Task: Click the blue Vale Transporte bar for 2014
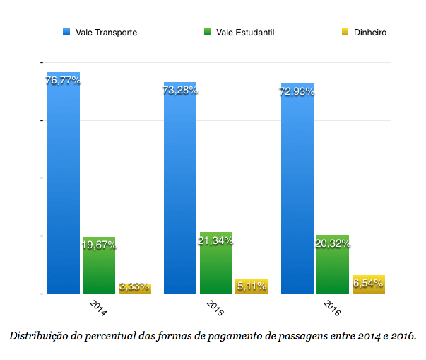click(63, 184)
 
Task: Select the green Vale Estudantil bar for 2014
click(98, 269)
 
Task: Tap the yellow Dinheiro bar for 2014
click(134, 289)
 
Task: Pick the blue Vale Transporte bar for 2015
click(179, 191)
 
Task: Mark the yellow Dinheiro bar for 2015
click(252, 286)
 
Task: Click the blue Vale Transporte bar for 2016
click(297, 191)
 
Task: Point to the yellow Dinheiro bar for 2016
click(368, 285)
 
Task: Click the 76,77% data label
click(63, 81)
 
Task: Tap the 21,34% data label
click(215, 241)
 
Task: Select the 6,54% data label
click(368, 283)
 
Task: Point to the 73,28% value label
click(179, 91)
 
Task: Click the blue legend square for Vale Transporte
click(67, 33)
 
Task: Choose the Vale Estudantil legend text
click(245, 33)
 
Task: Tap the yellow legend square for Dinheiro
click(345, 33)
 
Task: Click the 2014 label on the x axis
click(99, 309)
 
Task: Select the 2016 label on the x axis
click(332, 309)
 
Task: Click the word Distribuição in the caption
click(37, 335)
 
